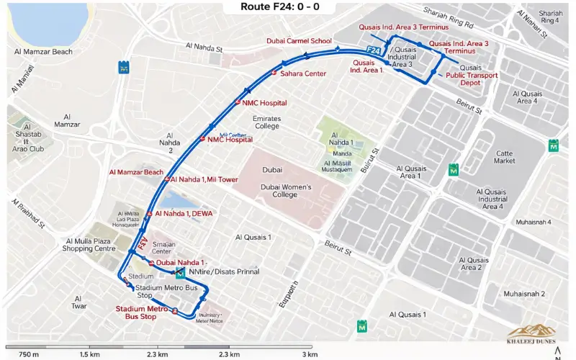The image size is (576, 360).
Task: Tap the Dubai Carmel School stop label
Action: click(299, 41)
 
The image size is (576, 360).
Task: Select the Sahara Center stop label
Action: click(303, 73)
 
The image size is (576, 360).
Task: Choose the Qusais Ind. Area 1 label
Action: click(366, 66)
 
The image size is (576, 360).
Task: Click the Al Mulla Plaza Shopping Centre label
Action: click(90, 245)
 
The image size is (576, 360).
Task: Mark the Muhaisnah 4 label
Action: click(530, 222)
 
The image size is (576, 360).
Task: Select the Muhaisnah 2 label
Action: click(524, 294)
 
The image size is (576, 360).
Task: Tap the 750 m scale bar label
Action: click(29, 354)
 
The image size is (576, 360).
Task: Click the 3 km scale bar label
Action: click(310, 354)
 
